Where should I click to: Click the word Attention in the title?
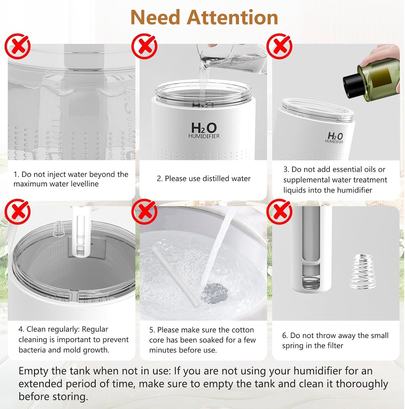[233, 17]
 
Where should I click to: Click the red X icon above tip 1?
[17, 46]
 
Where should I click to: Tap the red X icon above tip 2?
[144, 46]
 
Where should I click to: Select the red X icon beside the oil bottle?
[279, 46]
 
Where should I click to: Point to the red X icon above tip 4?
[17, 212]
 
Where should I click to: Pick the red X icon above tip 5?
[144, 212]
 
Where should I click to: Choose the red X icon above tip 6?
[279, 212]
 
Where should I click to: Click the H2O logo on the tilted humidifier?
[335, 138]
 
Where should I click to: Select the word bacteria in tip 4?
[32, 350]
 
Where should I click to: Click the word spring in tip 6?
[293, 346]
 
